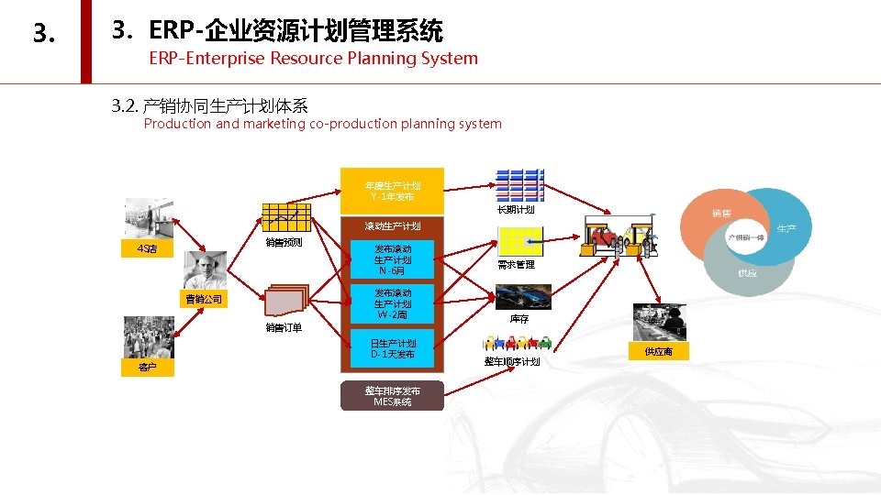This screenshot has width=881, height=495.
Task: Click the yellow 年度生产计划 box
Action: coord(392,191)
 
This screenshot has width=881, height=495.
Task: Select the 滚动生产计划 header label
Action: coord(392,225)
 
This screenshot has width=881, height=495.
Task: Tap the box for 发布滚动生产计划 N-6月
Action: coord(392,259)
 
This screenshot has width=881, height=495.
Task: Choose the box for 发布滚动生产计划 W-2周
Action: coord(392,303)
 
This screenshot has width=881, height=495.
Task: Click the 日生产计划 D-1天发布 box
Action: coord(392,348)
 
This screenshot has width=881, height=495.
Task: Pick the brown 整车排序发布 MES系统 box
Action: coord(392,396)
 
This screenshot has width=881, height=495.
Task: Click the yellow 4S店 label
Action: coord(147,248)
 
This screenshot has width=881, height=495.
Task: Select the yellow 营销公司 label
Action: coord(203,299)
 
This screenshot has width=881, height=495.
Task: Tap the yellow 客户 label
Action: coord(147,367)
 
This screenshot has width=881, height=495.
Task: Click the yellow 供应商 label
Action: coord(658,351)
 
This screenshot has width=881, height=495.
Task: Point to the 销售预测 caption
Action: coord(284,243)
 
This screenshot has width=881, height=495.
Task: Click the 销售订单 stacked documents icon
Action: coord(286,302)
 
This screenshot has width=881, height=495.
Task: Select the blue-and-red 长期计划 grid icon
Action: coord(519,186)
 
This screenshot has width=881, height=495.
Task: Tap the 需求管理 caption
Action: coord(516,265)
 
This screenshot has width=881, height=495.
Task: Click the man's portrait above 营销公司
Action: coord(204,270)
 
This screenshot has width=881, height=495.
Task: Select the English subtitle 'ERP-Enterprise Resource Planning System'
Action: coord(313,59)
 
